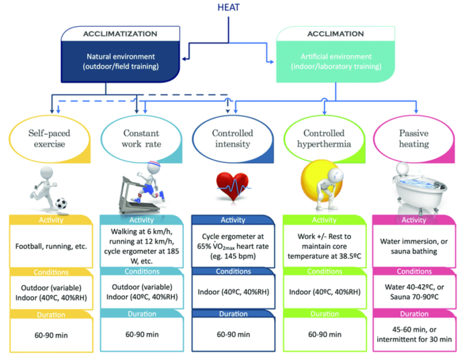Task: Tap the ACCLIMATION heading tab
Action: [336, 33]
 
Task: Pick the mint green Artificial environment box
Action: [336, 61]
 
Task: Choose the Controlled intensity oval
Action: [232, 139]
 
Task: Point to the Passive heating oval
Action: [414, 139]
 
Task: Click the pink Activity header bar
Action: [414, 220]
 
